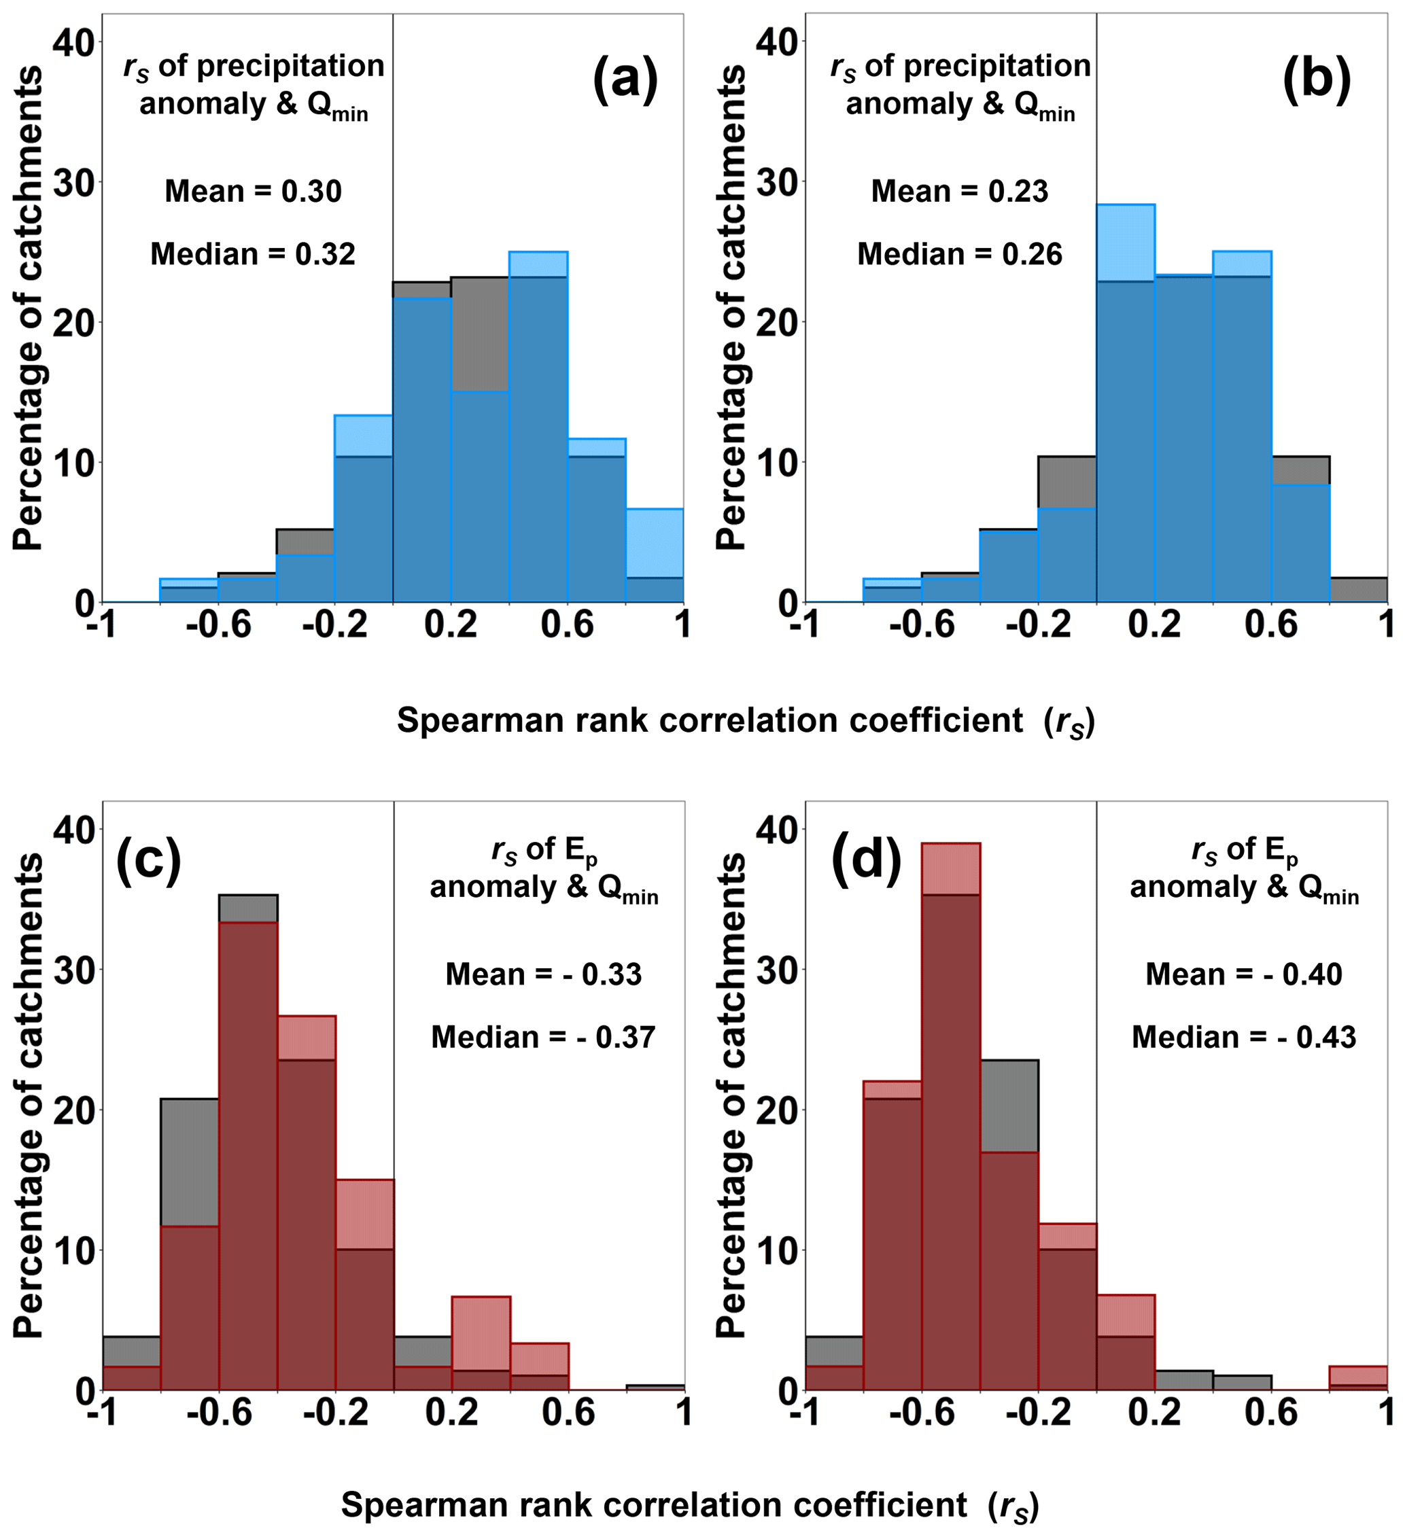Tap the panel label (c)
149,861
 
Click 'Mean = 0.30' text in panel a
254,191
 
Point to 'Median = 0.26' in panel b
960,254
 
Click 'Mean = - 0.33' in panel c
543,974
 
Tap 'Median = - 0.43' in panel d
1243,1037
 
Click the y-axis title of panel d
731,1094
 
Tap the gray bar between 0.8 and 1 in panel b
1357,589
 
